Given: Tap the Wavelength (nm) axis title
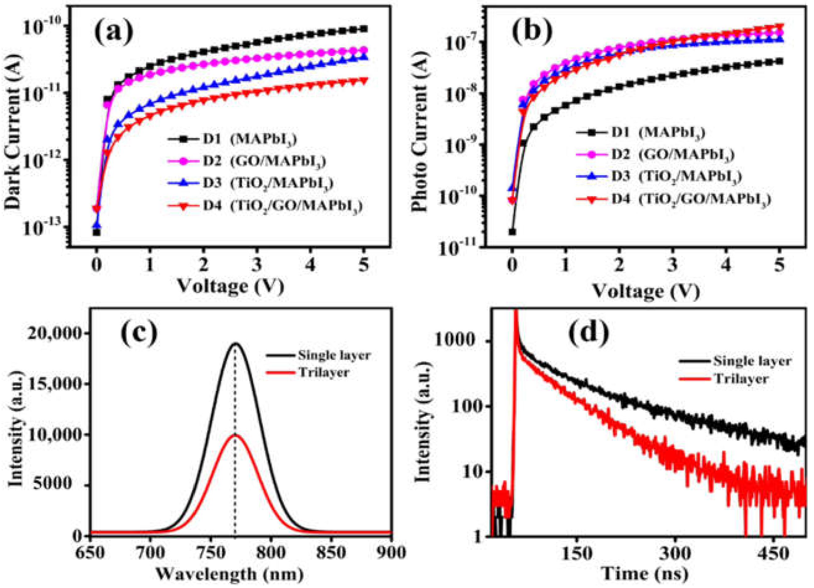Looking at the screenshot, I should pyautogui.click(x=230, y=574).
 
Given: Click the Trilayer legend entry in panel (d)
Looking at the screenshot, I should pyautogui.click(x=723, y=378).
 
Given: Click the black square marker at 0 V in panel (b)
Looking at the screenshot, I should pyautogui.click(x=512, y=232).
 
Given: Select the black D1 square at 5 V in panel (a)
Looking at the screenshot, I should pyautogui.click(x=364, y=29).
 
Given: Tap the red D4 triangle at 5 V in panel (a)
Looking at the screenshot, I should pyautogui.click(x=364, y=81).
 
